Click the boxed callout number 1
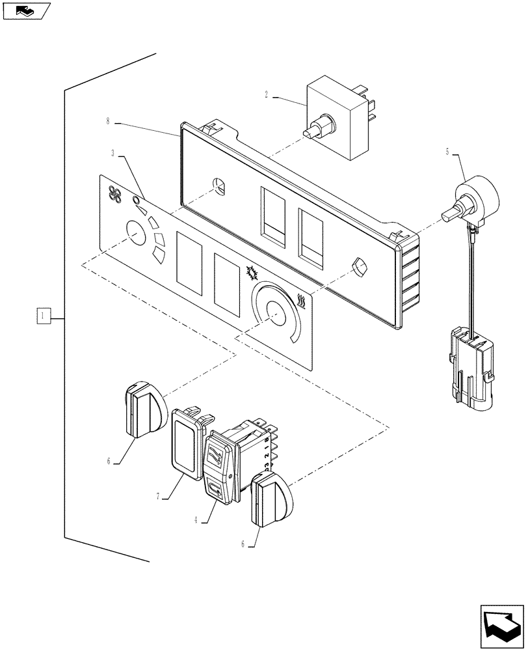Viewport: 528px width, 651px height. coord(43,317)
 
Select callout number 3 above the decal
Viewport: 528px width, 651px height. coord(113,154)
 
